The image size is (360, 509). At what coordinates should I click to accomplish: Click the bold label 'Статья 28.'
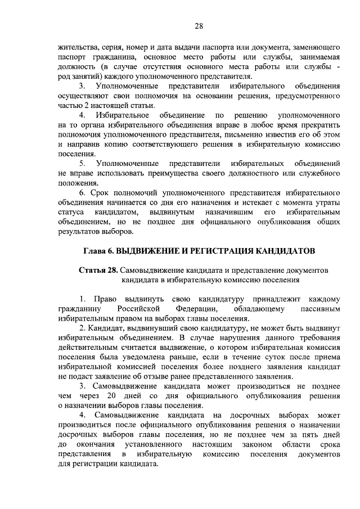(x=98, y=271)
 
